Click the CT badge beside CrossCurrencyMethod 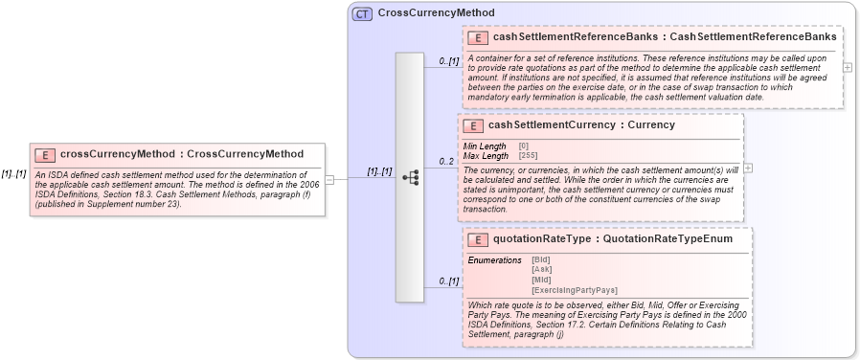pyautogui.click(x=362, y=13)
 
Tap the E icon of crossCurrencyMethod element pyautogui.click(x=44, y=154)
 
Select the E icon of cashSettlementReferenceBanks pyautogui.click(x=477, y=37)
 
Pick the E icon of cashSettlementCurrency pyautogui.click(x=472, y=125)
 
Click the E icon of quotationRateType pyautogui.click(x=477, y=240)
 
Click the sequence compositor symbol pyautogui.click(x=410, y=177)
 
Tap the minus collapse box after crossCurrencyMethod pyautogui.click(x=330, y=178)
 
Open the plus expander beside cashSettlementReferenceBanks pyautogui.click(x=847, y=67)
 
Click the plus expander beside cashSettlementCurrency pyautogui.click(x=748, y=169)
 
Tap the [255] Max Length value pyautogui.click(x=529, y=155)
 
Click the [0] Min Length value pyautogui.click(x=524, y=146)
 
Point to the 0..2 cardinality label pyautogui.click(x=446, y=161)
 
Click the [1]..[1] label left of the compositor pyautogui.click(x=379, y=171)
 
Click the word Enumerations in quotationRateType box pyautogui.click(x=494, y=259)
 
